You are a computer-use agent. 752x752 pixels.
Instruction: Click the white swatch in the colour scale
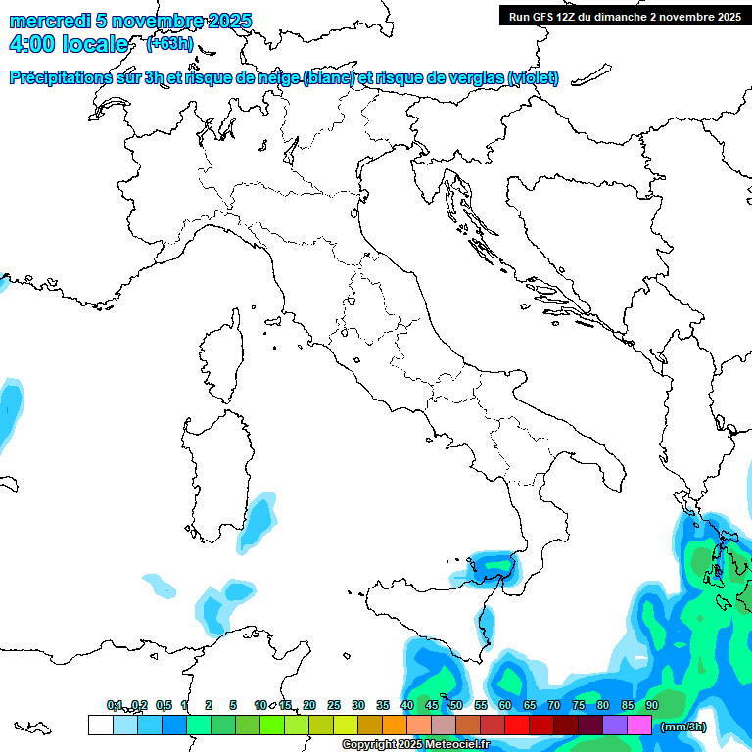(100, 726)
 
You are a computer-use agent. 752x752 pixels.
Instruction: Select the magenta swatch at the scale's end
(639, 726)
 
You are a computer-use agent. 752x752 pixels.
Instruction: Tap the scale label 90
(652, 705)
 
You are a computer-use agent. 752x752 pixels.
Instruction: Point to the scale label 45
(432, 705)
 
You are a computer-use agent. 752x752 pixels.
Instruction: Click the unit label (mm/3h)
(683, 727)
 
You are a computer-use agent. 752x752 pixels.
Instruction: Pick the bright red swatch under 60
(517, 726)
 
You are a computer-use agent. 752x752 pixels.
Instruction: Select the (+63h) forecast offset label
(168, 44)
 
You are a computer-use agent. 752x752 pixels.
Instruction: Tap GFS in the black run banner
(544, 16)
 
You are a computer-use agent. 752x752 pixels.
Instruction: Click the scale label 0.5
(163, 705)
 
